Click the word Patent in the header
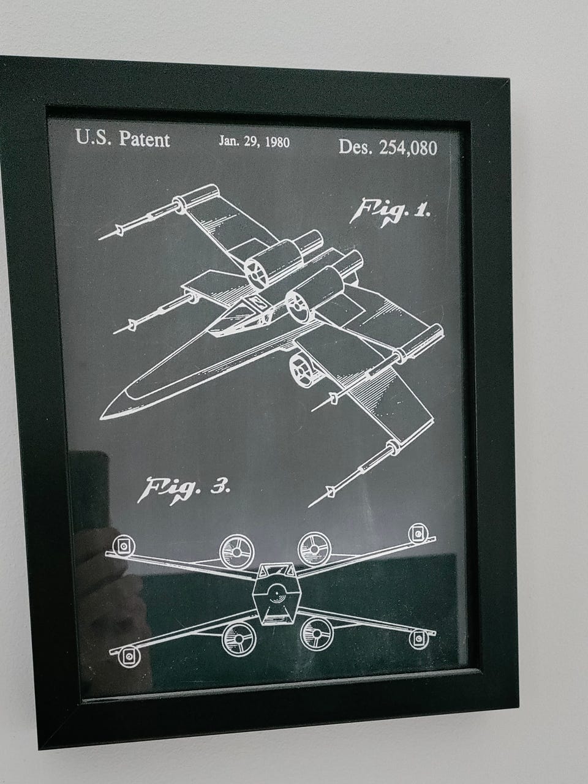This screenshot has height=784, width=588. [144, 139]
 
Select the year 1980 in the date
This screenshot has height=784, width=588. [277, 142]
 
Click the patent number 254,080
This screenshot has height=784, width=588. [408, 148]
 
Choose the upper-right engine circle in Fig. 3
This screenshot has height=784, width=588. [314, 549]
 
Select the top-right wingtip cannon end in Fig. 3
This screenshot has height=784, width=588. [418, 533]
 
